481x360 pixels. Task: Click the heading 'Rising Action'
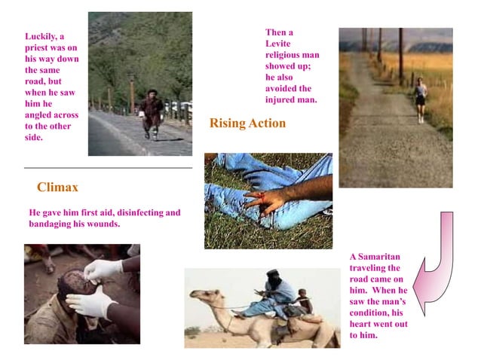pyautogui.click(x=247, y=124)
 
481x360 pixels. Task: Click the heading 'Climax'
pyautogui.click(x=57, y=186)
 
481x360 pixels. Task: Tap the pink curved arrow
pyautogui.click(x=437, y=264)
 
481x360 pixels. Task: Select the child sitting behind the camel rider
pyautogui.click(x=303, y=299)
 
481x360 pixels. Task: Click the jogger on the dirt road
pyautogui.click(x=420, y=97)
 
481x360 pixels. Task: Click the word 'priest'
pyautogui.click(x=38, y=47)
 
